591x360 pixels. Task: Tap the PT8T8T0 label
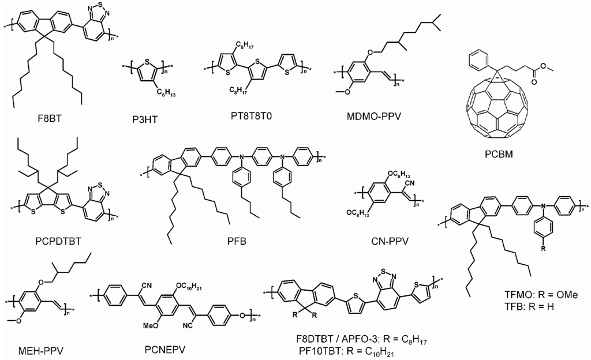pos(252,117)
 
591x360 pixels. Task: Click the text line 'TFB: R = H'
pos(530,306)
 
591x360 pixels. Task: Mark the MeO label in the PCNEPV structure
pos(154,325)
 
